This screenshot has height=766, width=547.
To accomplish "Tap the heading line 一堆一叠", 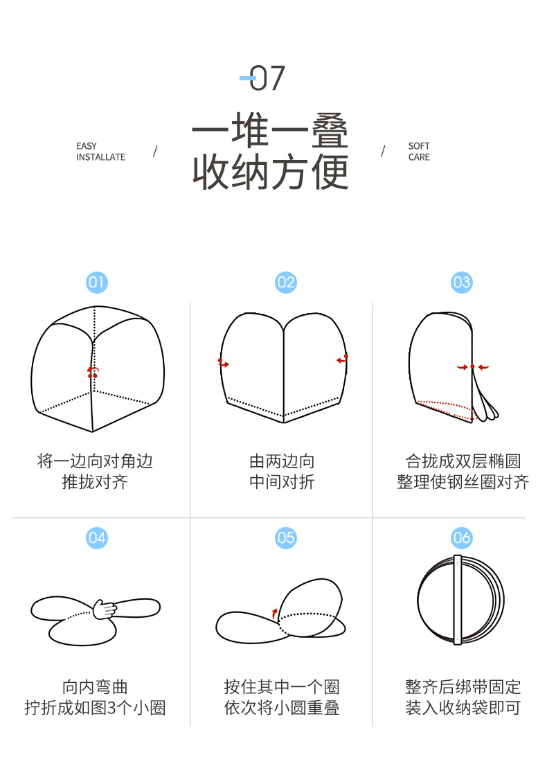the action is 269,130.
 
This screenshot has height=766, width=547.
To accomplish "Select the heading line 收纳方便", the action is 270,172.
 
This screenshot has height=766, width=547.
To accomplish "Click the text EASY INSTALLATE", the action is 100,152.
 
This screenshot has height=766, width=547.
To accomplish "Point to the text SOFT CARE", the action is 419,152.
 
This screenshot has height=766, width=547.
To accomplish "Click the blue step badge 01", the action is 97,283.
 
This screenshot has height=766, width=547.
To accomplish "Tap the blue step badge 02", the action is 286,283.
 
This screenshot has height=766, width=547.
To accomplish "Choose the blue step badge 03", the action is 462,283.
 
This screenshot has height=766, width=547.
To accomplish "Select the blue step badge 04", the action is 97,538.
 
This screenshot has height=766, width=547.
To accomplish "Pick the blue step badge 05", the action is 286,538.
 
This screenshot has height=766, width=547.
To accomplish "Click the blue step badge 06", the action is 462,538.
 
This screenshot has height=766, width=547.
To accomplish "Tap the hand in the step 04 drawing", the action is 105,609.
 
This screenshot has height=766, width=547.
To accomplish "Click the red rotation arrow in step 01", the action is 93,372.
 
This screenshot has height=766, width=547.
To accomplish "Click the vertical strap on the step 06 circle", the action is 458,600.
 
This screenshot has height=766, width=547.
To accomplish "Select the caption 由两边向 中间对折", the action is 282,472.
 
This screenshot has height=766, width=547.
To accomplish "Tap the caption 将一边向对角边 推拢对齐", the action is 95,472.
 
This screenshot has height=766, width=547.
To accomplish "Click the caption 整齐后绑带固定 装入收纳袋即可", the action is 463,697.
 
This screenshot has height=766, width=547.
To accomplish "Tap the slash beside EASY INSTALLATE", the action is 155,152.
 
